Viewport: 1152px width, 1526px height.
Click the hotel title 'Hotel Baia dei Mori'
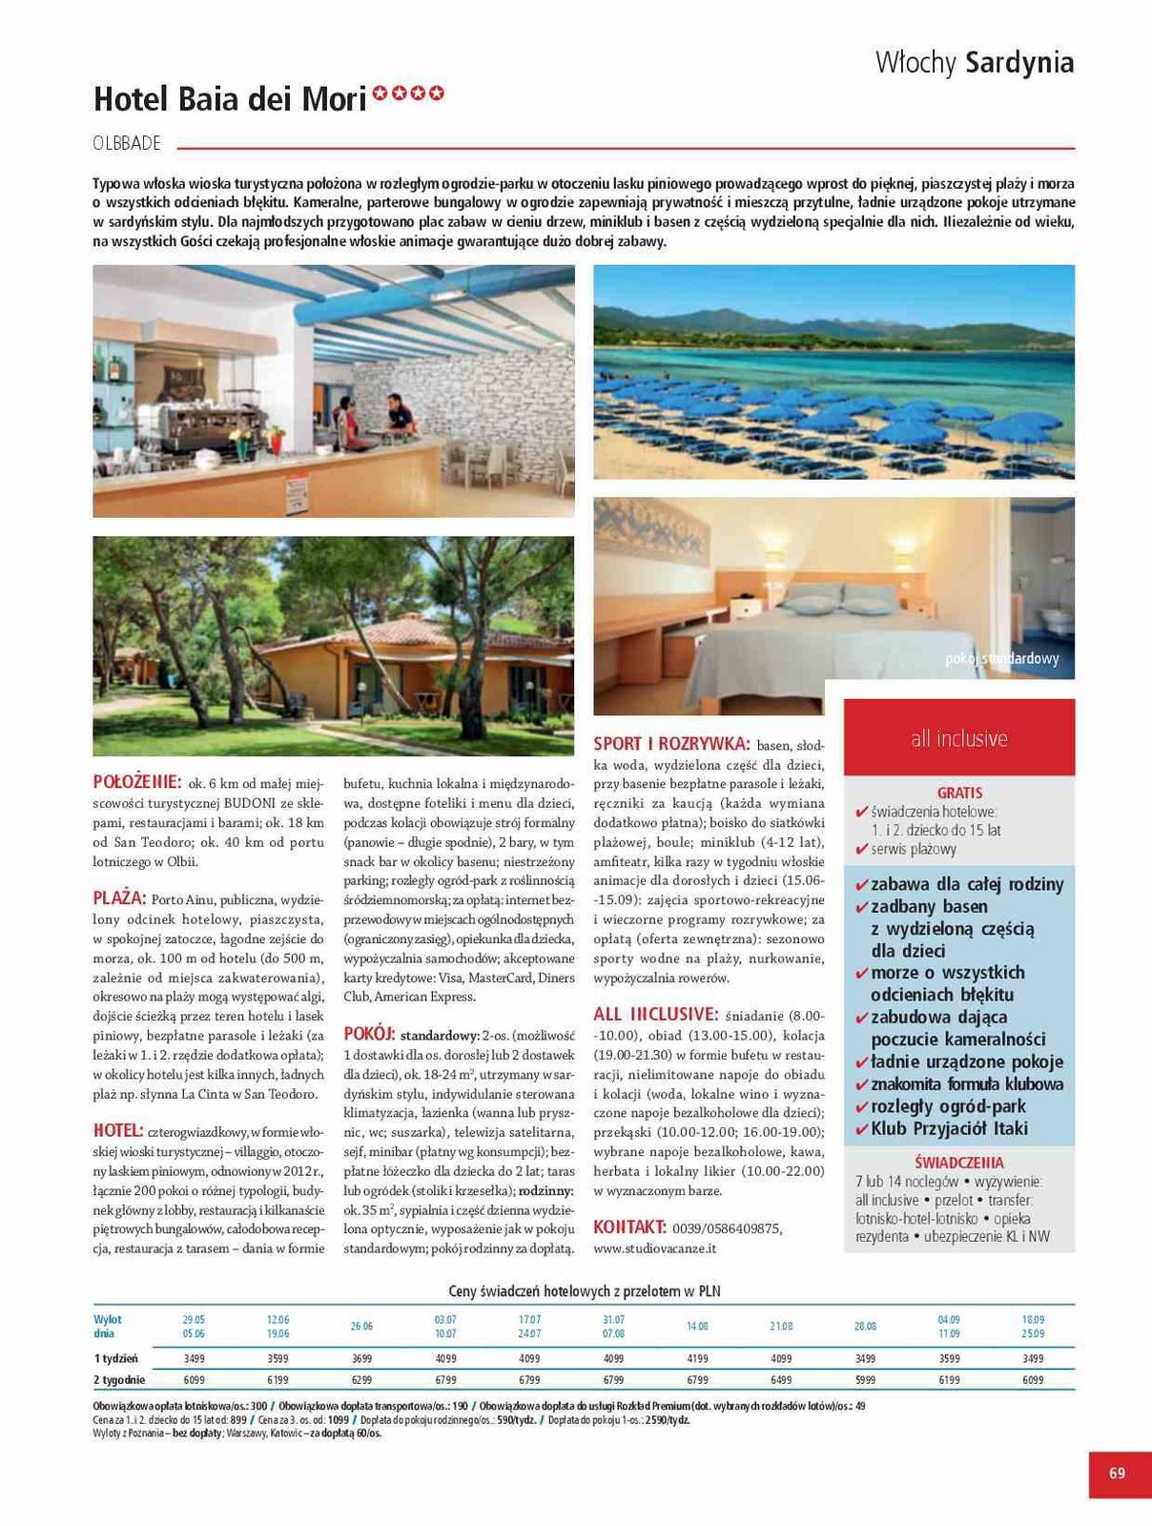230,98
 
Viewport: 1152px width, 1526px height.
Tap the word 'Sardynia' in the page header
1019,63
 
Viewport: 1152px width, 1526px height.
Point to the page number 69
1117,1473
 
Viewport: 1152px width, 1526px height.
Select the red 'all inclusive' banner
958,737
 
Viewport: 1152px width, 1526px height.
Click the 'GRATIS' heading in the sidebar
959,793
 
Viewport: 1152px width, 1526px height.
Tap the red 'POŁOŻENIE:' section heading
136,782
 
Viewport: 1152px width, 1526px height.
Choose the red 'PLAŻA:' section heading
119,898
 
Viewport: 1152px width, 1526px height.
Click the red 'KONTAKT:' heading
629,1227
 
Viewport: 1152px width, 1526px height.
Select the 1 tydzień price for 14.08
697,1358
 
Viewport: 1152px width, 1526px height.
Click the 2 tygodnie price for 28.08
865,1380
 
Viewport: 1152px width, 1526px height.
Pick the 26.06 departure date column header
361,1326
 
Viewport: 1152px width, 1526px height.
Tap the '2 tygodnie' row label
119,1380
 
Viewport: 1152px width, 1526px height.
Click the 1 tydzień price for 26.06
361,1358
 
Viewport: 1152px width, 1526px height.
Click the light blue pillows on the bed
839,605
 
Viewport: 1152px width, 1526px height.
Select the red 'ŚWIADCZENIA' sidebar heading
958,1163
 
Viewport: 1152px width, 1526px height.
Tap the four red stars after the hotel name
408,93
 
